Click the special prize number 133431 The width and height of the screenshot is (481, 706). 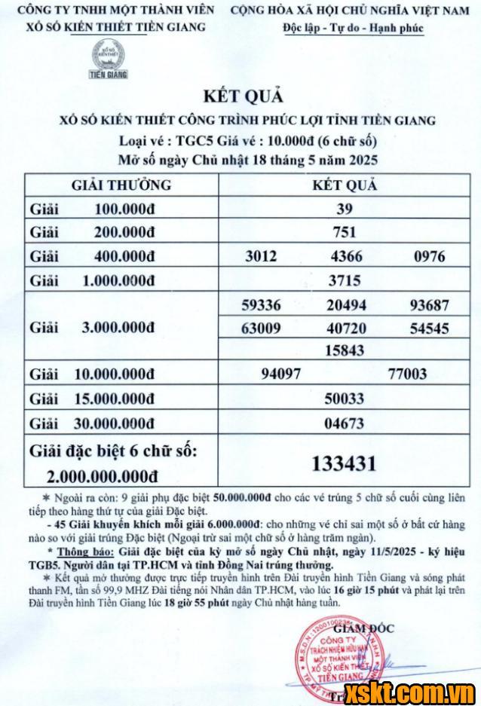click(x=344, y=463)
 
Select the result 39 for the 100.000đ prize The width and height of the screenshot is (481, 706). click(x=344, y=209)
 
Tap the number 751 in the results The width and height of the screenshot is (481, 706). click(x=344, y=233)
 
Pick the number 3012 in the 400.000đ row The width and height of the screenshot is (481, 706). click(x=261, y=256)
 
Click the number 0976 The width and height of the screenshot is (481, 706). click(x=430, y=256)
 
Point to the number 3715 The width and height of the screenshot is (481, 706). click(x=344, y=281)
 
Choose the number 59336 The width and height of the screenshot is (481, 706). click(x=261, y=306)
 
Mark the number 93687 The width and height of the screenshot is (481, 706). click(x=429, y=306)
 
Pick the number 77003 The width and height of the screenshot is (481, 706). click(x=407, y=374)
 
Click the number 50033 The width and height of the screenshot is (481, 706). click(x=344, y=398)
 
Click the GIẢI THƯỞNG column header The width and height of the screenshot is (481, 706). click(x=121, y=185)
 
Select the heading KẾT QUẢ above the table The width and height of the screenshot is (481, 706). click(x=241, y=97)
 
